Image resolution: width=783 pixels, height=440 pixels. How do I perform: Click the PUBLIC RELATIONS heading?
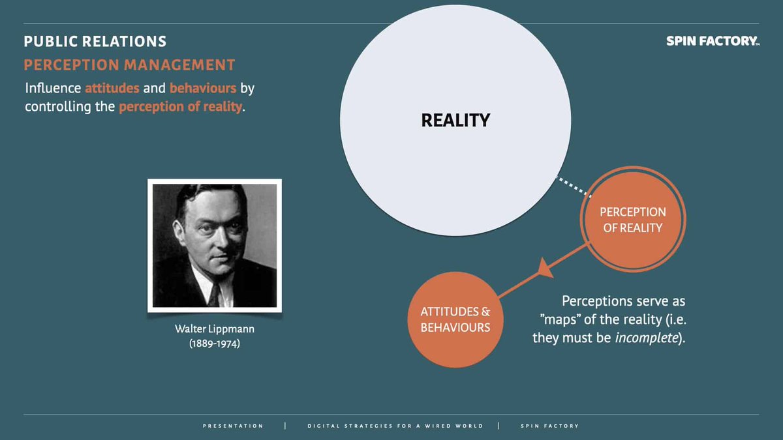tap(95, 42)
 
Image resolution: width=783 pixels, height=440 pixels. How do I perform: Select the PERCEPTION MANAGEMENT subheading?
tap(129, 65)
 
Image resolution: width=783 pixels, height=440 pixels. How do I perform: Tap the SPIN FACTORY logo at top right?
tap(712, 41)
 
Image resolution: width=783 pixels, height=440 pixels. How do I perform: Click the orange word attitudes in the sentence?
tap(112, 88)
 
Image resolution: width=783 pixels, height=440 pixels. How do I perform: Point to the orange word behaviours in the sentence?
tap(203, 88)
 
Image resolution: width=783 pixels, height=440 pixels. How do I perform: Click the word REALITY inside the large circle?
tap(455, 121)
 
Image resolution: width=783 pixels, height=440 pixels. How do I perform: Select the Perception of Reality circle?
tap(632, 220)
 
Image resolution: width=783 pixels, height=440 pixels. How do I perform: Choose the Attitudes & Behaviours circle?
tap(455, 319)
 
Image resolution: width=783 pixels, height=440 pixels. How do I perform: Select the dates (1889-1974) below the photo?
tap(214, 343)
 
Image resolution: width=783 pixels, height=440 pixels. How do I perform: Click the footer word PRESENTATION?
tap(233, 426)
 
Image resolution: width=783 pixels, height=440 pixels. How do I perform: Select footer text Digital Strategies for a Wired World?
tap(395, 426)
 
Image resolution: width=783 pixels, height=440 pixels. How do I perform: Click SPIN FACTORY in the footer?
tap(549, 426)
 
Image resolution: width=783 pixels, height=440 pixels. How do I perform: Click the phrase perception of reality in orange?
tap(180, 106)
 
